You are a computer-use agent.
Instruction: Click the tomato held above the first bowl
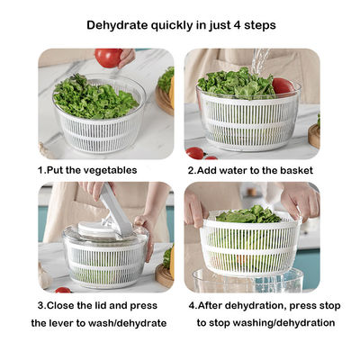click(107, 58)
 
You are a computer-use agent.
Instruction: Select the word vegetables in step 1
click(113, 169)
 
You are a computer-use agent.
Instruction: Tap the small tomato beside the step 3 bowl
click(62, 289)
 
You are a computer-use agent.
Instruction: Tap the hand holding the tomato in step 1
click(128, 56)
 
